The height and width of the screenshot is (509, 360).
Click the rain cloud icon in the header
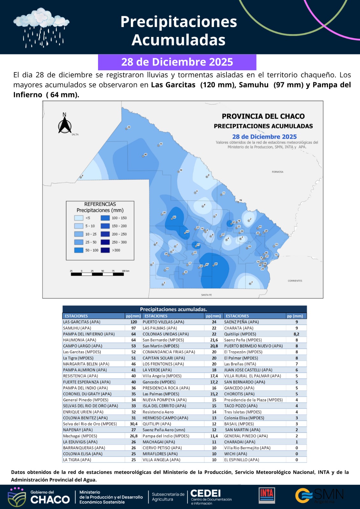point(41,27)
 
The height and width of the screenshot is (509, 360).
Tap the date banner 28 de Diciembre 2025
point(177,62)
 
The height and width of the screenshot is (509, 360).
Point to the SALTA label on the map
point(75,135)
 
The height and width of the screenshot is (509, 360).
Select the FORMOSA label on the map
point(278,172)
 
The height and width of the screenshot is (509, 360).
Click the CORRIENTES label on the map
point(295,281)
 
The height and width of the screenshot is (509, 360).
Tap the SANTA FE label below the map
point(206,295)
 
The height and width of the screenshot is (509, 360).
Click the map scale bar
point(97,274)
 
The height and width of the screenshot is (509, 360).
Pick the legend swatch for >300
point(105,250)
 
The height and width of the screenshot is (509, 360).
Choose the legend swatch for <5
point(79,218)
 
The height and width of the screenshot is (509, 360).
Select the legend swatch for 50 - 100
point(79,250)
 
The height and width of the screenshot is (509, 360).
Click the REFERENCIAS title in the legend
point(100,204)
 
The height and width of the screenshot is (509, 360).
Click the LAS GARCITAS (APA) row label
point(82,322)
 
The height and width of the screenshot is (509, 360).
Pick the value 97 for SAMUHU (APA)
point(134,328)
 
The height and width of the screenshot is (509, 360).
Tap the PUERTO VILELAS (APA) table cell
point(163,322)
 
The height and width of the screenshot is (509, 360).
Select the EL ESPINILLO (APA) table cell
point(242,460)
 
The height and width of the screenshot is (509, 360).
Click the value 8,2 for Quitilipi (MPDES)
point(296,334)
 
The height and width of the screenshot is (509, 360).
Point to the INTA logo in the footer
point(267,495)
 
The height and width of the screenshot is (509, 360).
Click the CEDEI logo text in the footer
point(206,493)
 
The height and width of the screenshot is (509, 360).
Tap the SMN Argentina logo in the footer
point(319,495)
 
